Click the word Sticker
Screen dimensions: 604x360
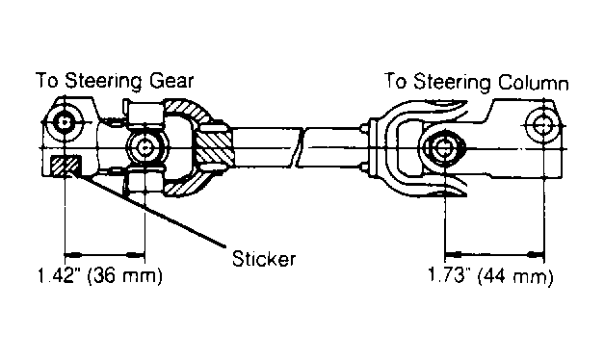264,258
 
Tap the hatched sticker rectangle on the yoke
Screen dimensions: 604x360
66,165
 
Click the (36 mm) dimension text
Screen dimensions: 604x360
125,276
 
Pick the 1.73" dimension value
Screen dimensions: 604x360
450,275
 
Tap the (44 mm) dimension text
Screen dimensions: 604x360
515,276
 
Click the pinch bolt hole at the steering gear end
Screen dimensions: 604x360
65,122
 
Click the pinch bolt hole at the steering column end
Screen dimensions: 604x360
543,125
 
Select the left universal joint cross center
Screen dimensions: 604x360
144,147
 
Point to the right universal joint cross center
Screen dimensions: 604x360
444,147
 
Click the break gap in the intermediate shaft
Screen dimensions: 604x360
300,147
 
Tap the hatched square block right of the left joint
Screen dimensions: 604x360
214,147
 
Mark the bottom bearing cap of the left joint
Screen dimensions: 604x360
144,182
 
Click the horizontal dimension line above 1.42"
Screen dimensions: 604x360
104,254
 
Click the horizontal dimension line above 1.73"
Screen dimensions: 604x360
494,254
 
